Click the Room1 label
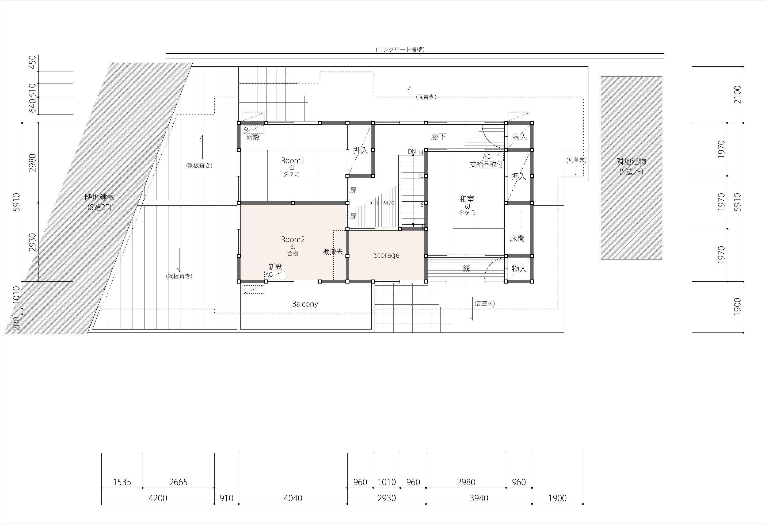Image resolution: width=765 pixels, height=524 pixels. [x=293, y=160]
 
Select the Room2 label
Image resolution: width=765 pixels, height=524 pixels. [x=293, y=239]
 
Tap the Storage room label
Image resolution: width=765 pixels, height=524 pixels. [x=386, y=255]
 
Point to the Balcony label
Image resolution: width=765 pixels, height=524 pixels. [x=305, y=304]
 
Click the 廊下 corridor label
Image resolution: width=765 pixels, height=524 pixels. [x=439, y=137]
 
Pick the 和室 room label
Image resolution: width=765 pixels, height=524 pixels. [x=467, y=199]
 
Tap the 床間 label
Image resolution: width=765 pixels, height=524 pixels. [x=517, y=238]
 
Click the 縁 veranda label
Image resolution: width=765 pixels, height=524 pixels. [x=467, y=269]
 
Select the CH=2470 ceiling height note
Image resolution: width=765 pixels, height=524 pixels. [x=383, y=203]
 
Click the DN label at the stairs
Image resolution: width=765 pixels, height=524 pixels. [x=412, y=151]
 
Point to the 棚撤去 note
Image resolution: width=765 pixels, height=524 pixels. [x=333, y=252]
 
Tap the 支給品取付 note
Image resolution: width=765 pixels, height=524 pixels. [x=486, y=164]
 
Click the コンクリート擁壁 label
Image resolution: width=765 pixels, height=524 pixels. [x=400, y=49]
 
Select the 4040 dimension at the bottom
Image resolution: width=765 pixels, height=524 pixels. [x=293, y=498]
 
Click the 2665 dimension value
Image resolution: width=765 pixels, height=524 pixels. [x=178, y=482]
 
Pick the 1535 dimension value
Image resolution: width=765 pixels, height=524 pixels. [x=122, y=482]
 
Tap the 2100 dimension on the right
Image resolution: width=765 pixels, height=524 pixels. [x=737, y=94]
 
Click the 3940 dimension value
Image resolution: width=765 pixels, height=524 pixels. [x=479, y=498]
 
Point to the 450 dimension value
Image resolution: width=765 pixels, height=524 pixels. [x=32, y=62]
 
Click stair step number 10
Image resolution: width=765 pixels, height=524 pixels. [x=421, y=176]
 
